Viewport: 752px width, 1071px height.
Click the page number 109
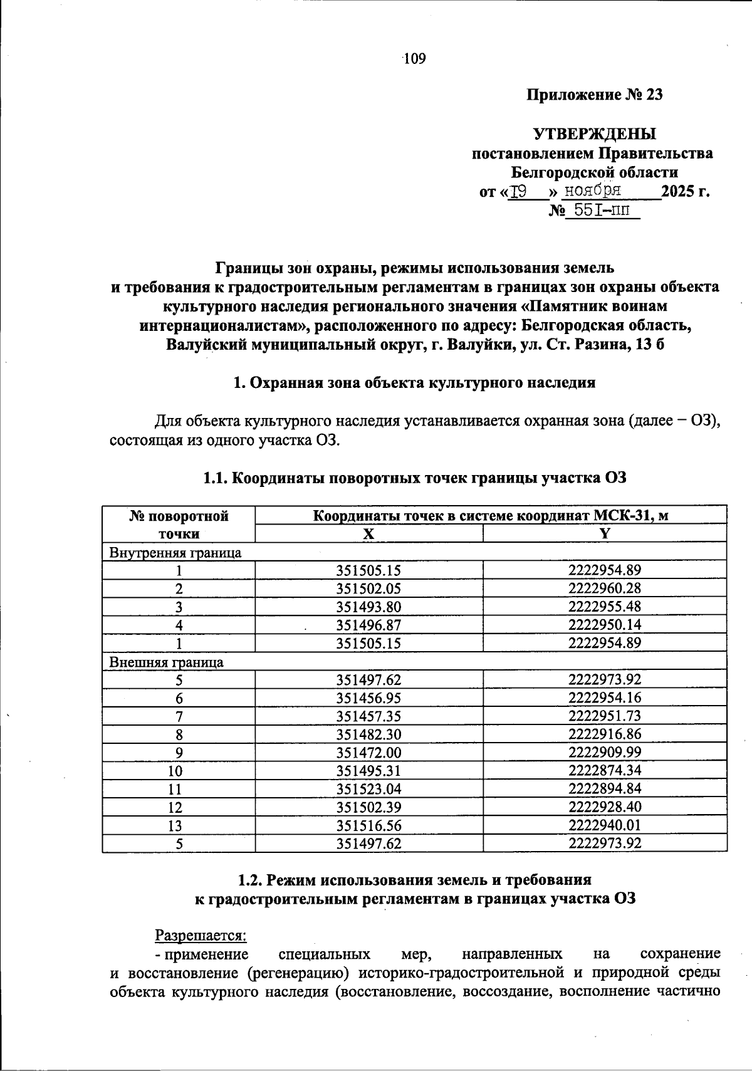pyautogui.click(x=415, y=59)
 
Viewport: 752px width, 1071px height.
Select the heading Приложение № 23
pyautogui.click(x=594, y=95)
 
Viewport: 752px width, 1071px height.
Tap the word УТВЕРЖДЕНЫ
pyautogui.click(x=595, y=134)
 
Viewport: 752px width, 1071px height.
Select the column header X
pyautogui.click(x=368, y=533)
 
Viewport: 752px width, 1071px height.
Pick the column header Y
pyautogui.click(x=605, y=533)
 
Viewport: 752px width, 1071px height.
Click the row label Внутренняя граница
pyautogui.click(x=175, y=552)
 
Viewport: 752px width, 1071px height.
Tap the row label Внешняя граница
pyautogui.click(x=167, y=662)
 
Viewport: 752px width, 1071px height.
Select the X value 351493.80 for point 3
pyautogui.click(x=368, y=607)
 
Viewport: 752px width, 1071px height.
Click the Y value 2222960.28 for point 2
pyautogui.click(x=605, y=588)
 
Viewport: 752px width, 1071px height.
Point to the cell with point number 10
pyautogui.click(x=179, y=771)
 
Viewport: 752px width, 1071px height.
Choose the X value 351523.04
pyautogui.click(x=368, y=789)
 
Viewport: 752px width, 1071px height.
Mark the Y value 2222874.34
pyautogui.click(x=605, y=771)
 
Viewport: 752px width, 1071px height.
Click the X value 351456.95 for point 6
pyautogui.click(x=368, y=698)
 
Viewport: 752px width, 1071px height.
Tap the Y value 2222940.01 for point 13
pyautogui.click(x=605, y=825)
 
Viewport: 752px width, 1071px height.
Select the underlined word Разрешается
pyautogui.click(x=201, y=935)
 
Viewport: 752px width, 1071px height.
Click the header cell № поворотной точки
pyautogui.click(x=179, y=525)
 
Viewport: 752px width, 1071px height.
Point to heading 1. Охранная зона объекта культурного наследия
pyautogui.click(x=414, y=383)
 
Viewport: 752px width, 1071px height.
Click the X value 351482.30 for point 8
pyautogui.click(x=368, y=734)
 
